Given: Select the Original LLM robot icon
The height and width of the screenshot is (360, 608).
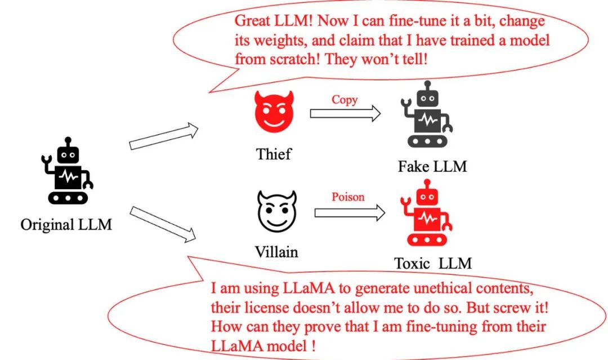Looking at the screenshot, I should (x=66, y=171).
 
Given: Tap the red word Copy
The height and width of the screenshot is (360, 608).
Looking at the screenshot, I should (x=345, y=100).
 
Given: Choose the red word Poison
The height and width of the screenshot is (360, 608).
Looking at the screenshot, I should (x=348, y=197).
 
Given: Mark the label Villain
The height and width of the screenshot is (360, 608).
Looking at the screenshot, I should (x=276, y=251).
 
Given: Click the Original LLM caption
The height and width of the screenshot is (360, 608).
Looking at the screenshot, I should (x=66, y=225).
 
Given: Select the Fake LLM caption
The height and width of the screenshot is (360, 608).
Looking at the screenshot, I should (x=432, y=166).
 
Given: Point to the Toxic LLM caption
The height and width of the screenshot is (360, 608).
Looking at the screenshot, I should (x=432, y=263).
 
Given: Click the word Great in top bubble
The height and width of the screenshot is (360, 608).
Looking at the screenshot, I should (x=252, y=21).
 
